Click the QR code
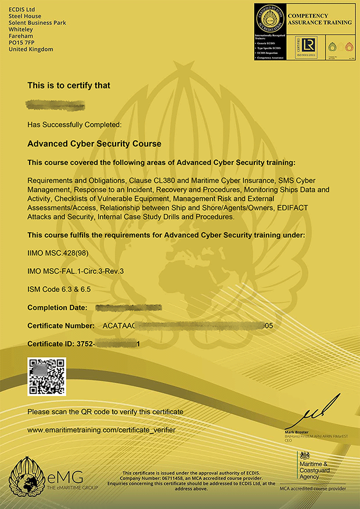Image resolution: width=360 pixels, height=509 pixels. click(x=47, y=377)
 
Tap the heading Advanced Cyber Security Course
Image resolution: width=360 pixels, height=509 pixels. click(x=94, y=143)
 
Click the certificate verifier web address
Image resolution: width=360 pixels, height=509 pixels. click(x=101, y=430)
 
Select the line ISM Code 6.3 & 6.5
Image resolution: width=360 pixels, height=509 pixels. click(x=59, y=289)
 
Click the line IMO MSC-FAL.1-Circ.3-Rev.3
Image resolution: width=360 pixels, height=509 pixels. click(x=76, y=271)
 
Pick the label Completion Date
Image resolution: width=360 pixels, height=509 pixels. click(x=57, y=307)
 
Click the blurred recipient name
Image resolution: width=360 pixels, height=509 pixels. click(x=56, y=106)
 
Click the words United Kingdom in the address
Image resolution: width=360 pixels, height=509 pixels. click(x=31, y=49)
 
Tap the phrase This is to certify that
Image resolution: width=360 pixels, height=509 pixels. click(x=69, y=85)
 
